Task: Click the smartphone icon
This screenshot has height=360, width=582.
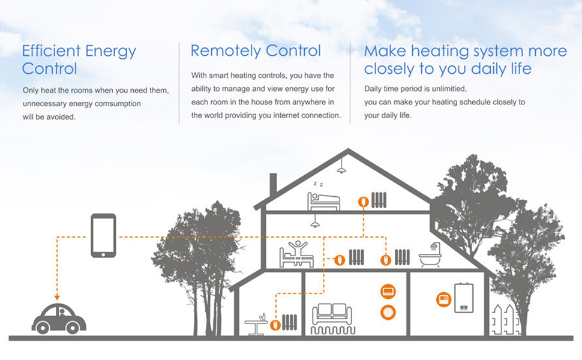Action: (103, 236)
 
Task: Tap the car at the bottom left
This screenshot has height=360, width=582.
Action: (58, 319)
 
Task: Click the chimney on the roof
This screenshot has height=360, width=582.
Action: (273, 184)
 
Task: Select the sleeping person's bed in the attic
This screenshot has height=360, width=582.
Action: (323, 202)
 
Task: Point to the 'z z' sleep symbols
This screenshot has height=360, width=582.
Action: (317, 184)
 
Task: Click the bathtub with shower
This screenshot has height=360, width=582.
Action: (430, 257)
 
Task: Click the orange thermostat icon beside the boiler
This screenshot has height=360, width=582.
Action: (443, 299)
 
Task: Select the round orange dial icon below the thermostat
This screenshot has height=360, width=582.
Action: (388, 312)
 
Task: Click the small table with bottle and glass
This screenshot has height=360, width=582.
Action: (256, 324)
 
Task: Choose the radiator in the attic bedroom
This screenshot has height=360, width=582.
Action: (378, 200)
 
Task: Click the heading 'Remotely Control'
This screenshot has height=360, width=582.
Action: (256, 51)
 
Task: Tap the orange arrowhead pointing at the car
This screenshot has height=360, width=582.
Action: (56, 296)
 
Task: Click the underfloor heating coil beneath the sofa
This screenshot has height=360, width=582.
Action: (332, 330)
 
